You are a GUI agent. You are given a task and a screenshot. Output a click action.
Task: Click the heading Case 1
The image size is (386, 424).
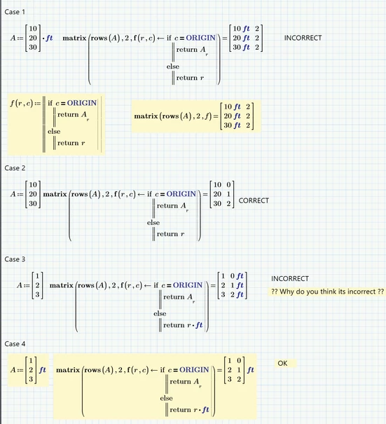tap(15, 13)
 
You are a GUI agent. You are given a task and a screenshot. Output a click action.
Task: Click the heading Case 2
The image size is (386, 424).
tap(15, 168)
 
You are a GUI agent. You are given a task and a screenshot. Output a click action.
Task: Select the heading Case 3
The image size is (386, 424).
tap(15, 259)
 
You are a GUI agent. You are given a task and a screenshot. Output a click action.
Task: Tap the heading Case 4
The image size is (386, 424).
tap(15, 343)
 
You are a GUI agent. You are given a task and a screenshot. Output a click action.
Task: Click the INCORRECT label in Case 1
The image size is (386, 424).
tap(303, 38)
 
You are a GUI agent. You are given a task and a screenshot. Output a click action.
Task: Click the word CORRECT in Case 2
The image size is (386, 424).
tap(254, 200)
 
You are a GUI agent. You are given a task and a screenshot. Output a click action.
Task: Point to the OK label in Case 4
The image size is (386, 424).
tap(283, 363)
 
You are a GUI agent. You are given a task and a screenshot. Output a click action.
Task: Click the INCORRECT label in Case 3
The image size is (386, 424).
tap(290, 278)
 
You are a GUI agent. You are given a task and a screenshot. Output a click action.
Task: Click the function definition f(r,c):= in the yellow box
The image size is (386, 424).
tap(25, 104)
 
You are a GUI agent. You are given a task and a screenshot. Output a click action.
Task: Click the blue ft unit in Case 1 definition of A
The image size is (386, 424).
tap(48, 38)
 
